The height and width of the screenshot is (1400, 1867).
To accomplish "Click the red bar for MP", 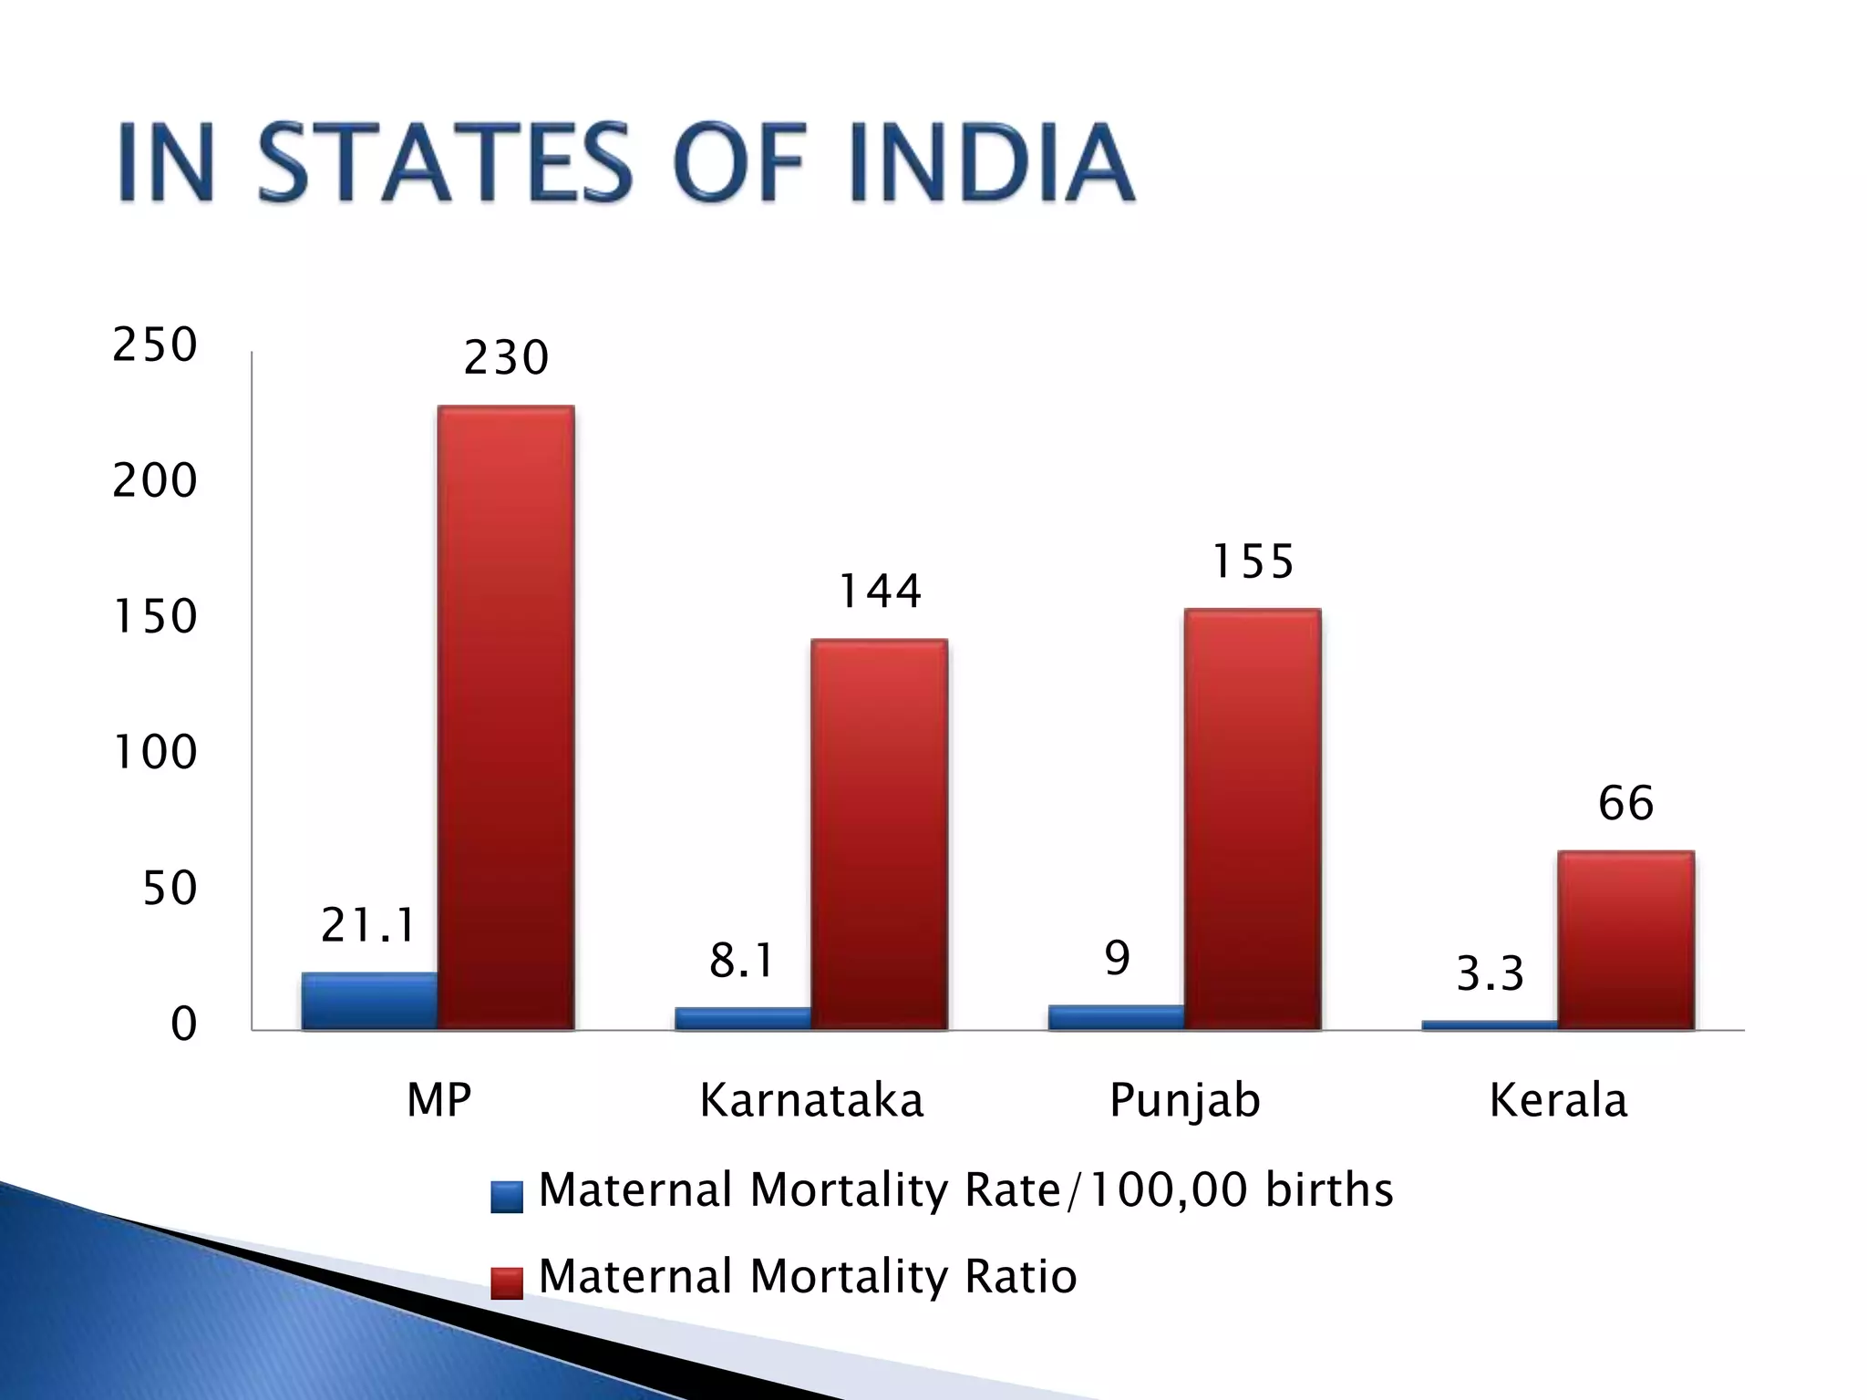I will tap(506, 718).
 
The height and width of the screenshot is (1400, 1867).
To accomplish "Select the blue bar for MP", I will tap(369, 1001).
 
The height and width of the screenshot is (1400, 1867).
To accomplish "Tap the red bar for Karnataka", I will tap(879, 835).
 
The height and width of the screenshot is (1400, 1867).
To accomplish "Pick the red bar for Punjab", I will tap(1253, 819).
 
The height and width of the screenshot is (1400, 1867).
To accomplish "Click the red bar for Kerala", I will tap(1625, 941).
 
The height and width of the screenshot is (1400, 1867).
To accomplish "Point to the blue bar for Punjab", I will tap(1116, 1017).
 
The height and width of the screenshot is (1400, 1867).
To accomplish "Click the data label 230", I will tap(506, 357).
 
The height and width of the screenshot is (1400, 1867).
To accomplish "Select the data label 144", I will tap(879, 591).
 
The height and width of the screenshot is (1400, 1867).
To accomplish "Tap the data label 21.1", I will tap(368, 925).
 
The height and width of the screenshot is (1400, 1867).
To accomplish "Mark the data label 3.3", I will tap(1490, 973).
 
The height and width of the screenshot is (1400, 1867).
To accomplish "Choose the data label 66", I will tap(1625, 803).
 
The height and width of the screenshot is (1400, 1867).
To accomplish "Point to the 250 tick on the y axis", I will tap(154, 345).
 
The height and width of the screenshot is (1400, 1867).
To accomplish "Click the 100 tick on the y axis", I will tap(154, 753).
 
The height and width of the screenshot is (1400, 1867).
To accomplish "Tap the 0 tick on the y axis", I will tap(183, 1024).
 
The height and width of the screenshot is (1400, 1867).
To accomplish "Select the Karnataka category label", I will tap(811, 1100).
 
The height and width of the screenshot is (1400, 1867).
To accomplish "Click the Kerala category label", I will tap(1558, 1100).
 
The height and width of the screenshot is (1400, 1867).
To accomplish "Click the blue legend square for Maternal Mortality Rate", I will tap(507, 1196).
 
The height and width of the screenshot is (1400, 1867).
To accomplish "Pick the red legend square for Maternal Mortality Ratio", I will tap(507, 1282).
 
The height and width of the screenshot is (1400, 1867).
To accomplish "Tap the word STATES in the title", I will tap(444, 163).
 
